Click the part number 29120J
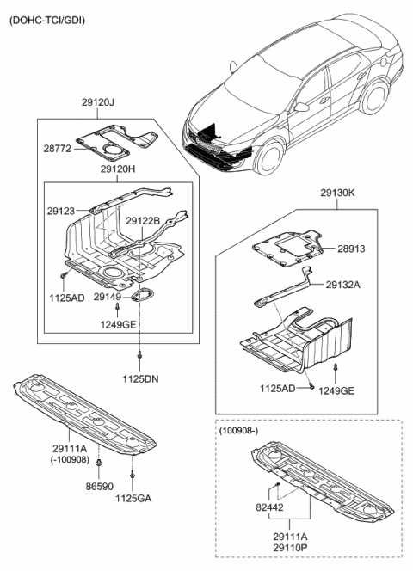tap(98, 102)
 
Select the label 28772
tap(58, 149)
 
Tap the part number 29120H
tap(118, 169)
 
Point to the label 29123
tap(61, 211)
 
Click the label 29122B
tap(143, 221)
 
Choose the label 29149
tap(108, 297)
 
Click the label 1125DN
tap(140, 379)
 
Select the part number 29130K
tap(337, 193)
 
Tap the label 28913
tap(351, 249)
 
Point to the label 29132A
tap(342, 285)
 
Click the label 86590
tap(100, 486)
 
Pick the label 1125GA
tap(133, 498)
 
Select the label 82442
tap(269, 507)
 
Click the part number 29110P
tap(290, 547)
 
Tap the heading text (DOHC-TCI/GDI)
tap(47, 21)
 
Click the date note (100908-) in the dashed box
tap(238, 431)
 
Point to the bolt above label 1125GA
tap(133, 475)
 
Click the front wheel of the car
tap(270, 158)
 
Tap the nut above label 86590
tap(99, 464)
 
